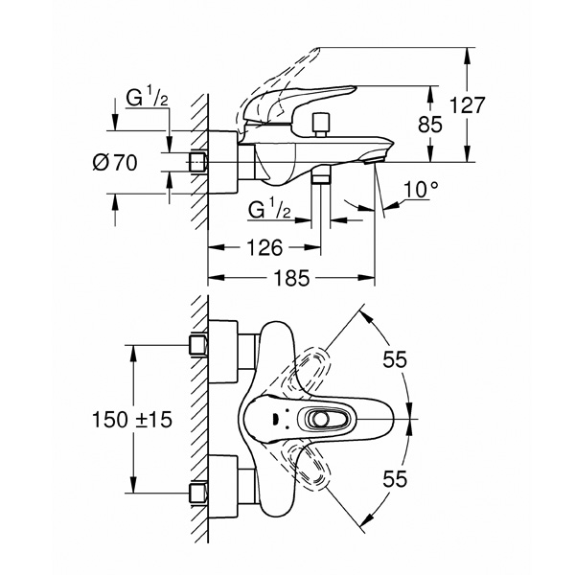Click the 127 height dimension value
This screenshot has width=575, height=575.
pos(467,105)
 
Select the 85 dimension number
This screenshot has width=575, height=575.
pos(430,125)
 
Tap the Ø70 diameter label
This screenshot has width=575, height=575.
pos(115,162)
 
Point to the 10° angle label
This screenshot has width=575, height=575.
pos(421,190)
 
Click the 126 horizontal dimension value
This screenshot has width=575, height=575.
pos(264,247)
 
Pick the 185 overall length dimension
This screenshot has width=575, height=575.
pos(292,277)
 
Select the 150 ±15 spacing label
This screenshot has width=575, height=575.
pos(132,419)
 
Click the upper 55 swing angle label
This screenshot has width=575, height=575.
pos(395,359)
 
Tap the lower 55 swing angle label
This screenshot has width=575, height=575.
pos(395,478)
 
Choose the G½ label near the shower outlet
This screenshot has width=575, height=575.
pos(270,208)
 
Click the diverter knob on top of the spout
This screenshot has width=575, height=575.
pos(320,125)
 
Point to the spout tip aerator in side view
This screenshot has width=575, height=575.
pos(373,160)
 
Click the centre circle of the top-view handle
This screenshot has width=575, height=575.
pos(318,419)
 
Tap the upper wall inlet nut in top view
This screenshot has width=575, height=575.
pos(198,345)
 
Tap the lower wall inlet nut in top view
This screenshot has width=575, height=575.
pos(198,493)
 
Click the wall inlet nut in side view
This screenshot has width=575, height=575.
pos(198,162)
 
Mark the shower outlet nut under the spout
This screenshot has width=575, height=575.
pos(321,178)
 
